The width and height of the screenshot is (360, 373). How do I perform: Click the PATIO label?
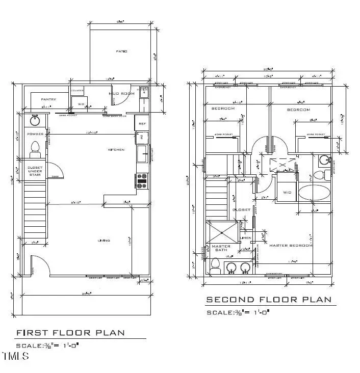121,51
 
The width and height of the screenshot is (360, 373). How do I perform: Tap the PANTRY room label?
48,99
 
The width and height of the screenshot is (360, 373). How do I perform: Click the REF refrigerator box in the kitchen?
141,123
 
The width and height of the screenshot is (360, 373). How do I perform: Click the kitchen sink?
142,153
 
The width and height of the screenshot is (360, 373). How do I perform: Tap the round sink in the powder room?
35,121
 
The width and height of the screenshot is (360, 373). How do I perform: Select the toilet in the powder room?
35,148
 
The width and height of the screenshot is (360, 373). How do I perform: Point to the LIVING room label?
105,240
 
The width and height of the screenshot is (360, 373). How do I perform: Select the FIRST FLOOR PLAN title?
70,333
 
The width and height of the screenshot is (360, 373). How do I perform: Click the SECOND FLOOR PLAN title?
268,299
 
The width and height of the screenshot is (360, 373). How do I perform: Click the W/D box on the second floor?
287,193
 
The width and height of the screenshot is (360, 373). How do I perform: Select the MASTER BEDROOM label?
291,246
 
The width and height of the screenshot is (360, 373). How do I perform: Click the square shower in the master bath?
222,231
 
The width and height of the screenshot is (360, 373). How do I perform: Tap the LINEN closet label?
245,238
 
